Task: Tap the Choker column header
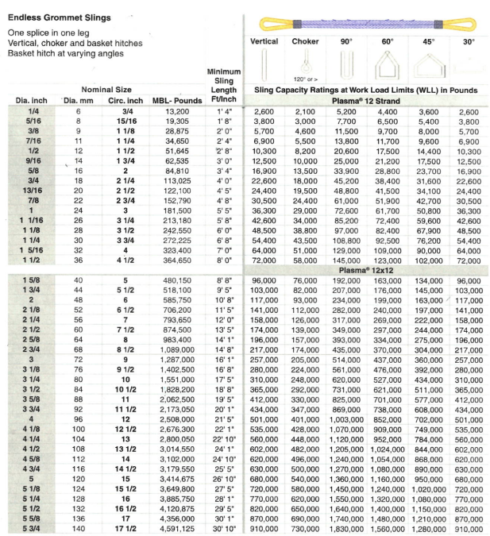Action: (x=305, y=41)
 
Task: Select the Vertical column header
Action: (x=264, y=41)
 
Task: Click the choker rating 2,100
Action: (x=305, y=113)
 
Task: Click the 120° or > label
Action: (x=304, y=79)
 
